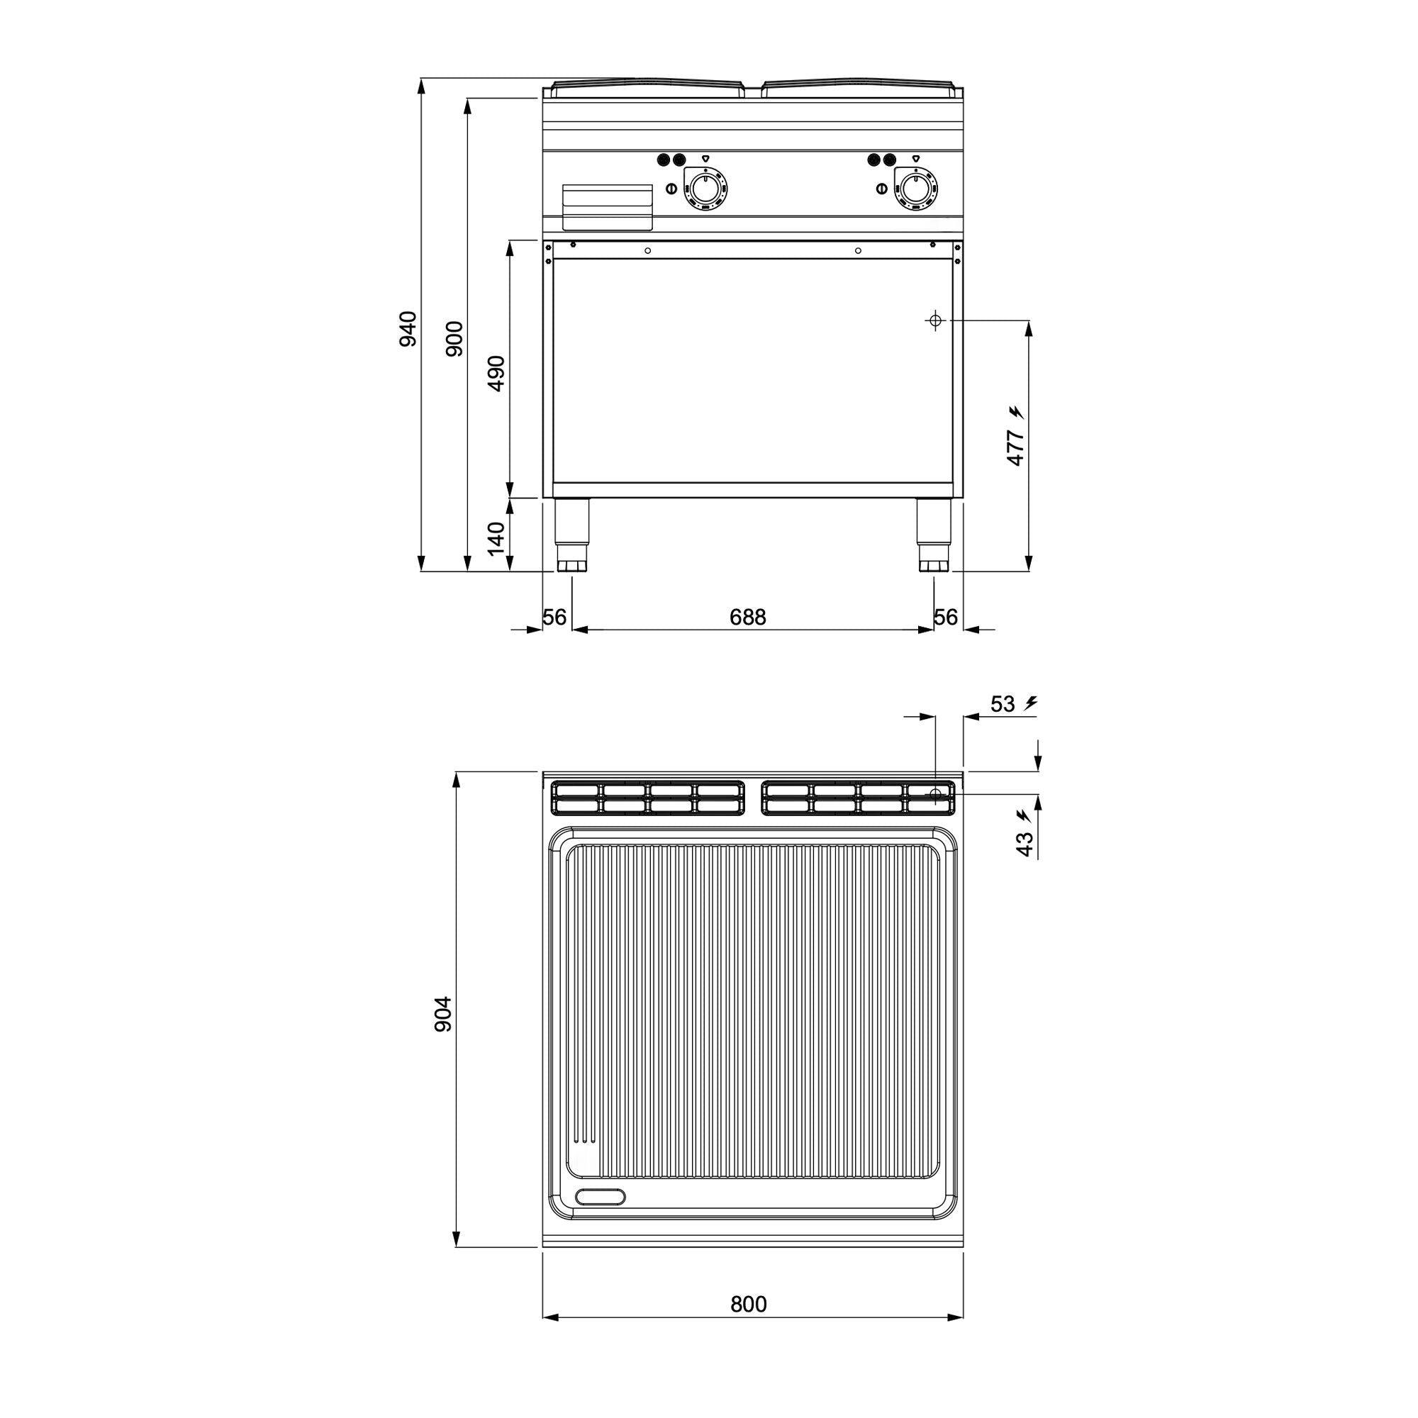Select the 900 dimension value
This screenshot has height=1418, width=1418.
click(x=455, y=338)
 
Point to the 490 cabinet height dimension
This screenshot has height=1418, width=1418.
click(x=497, y=373)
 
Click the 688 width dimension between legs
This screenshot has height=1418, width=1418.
click(x=748, y=618)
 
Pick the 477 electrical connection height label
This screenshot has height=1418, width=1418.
click(x=1016, y=447)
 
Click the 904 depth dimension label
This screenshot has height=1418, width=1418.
click(x=442, y=1015)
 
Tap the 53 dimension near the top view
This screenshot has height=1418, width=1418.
click(x=1003, y=704)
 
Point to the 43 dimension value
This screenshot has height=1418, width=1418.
click(x=1025, y=843)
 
